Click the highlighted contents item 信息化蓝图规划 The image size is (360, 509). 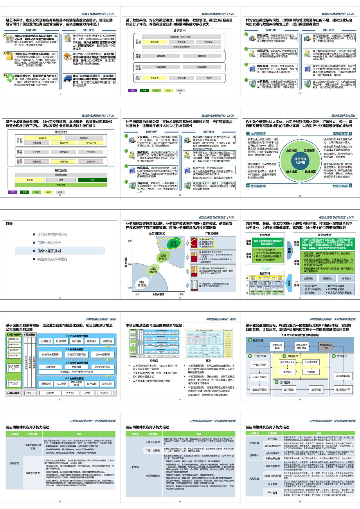point(60,251)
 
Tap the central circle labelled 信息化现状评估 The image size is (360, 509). point(300,160)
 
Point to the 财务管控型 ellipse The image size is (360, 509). point(142,284)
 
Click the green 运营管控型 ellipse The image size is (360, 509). point(174,244)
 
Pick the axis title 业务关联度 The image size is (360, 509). point(158,295)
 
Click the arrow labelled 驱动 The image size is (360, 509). point(289,250)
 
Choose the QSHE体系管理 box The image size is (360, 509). point(311,362)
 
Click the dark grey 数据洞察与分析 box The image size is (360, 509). point(326,346)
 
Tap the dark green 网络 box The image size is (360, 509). point(92,180)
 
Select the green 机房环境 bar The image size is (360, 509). point(61,185)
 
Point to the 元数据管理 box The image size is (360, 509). point(202,67)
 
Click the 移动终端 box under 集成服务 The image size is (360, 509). point(104,393)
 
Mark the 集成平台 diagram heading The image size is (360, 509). point(61,132)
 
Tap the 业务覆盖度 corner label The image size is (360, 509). point(258,133)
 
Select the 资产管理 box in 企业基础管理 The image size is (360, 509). point(92,384)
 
